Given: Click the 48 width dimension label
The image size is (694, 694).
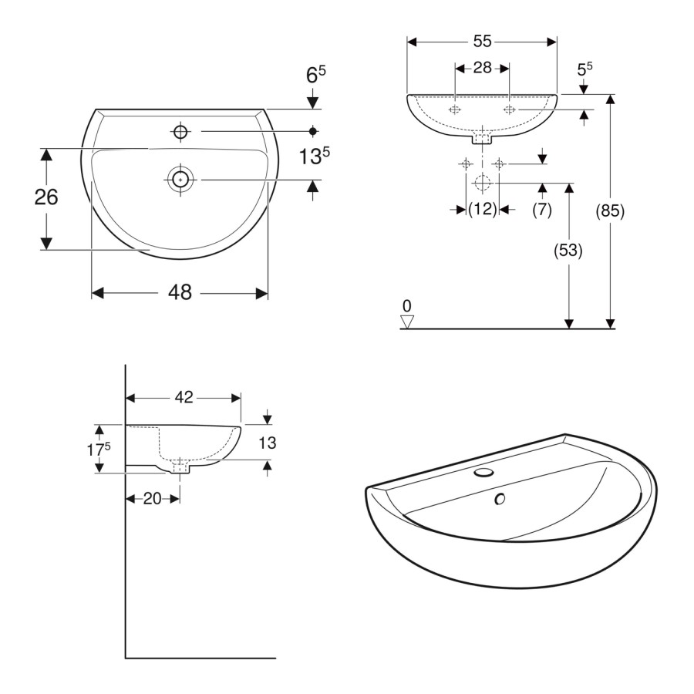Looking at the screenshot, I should (x=180, y=293).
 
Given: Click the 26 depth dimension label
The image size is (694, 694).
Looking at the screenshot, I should (x=46, y=197).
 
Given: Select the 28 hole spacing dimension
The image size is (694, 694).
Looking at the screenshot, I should (x=483, y=68).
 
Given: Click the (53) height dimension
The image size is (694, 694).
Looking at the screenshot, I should (x=569, y=251).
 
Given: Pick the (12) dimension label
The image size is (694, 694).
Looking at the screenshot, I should (x=483, y=209).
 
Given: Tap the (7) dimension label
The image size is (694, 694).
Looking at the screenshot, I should (x=542, y=209).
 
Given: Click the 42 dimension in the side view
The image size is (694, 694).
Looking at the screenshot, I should (x=184, y=398).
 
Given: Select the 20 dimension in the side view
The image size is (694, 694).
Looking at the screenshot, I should (x=153, y=499).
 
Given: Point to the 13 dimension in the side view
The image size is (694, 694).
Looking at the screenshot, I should (x=267, y=443).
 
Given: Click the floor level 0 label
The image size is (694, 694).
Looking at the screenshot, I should (x=406, y=306).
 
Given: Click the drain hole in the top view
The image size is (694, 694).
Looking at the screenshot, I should (x=180, y=179).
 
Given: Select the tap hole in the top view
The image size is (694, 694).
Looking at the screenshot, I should (x=180, y=132).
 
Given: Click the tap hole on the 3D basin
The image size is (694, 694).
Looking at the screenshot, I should (x=483, y=471).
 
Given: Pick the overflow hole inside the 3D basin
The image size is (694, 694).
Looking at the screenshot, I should (x=500, y=500).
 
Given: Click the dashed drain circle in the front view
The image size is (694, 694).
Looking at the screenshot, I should (x=483, y=184).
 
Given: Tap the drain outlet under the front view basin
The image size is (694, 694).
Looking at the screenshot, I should (x=483, y=140).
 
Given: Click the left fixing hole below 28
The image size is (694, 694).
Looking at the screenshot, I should (x=456, y=110).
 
